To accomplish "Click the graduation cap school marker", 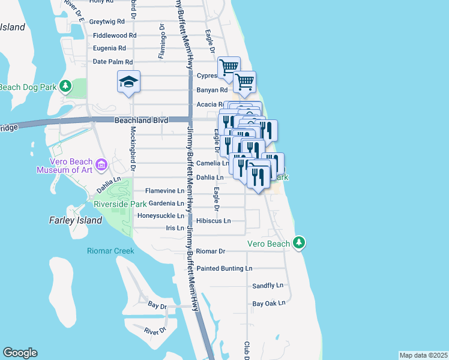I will pyautogui.click(x=128, y=82).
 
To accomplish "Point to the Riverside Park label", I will pyautogui.click(x=121, y=204).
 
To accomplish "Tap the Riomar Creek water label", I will pyautogui.click(x=110, y=251).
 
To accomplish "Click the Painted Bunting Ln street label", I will pyautogui.click(x=224, y=268).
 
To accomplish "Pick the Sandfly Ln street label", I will pyautogui.click(x=267, y=286).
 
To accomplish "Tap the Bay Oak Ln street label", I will pyautogui.click(x=268, y=304).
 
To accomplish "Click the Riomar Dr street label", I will pyautogui.click(x=210, y=251).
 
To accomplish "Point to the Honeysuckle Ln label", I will pyautogui.click(x=161, y=215).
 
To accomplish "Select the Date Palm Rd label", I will pyautogui.click(x=112, y=62).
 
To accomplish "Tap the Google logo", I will pyautogui.click(x=20, y=353).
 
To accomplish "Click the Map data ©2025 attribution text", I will pyautogui.click(x=423, y=355).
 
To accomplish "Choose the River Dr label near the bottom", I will pyautogui.click(x=155, y=331).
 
